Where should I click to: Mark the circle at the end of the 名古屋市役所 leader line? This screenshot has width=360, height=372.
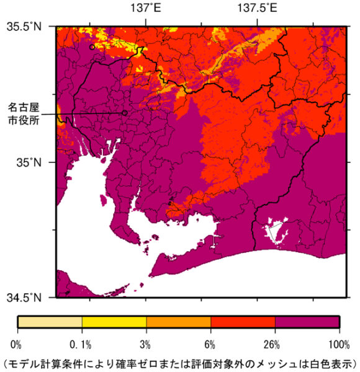coord(125,113)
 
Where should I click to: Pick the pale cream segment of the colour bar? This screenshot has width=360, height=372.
coord(50,321)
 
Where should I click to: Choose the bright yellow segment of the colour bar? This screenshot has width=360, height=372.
coord(114,321)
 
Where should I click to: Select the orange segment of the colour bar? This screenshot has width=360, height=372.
coord(179,321)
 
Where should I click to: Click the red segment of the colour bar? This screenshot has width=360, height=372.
coord(243,321)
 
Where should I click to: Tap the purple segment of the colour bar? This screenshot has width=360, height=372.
coord(307,321)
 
